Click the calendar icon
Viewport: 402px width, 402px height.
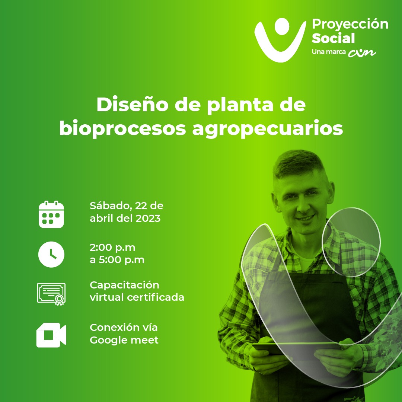pyautogui.click(x=51, y=215)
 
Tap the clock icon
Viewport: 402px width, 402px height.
pyautogui.click(x=51, y=254)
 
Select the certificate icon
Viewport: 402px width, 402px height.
pyautogui.click(x=51, y=294)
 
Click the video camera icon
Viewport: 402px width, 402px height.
pyautogui.click(x=51, y=335)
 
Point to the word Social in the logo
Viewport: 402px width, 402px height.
pyautogui.click(x=333, y=38)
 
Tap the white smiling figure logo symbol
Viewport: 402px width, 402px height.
pyautogui.click(x=280, y=40)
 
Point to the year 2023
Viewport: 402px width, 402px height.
pyautogui.click(x=148, y=218)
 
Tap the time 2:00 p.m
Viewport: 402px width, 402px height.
pyautogui.click(x=112, y=248)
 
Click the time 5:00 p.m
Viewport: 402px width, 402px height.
pyautogui.click(x=121, y=260)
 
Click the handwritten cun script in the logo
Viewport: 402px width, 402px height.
pyautogui.click(x=362, y=52)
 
